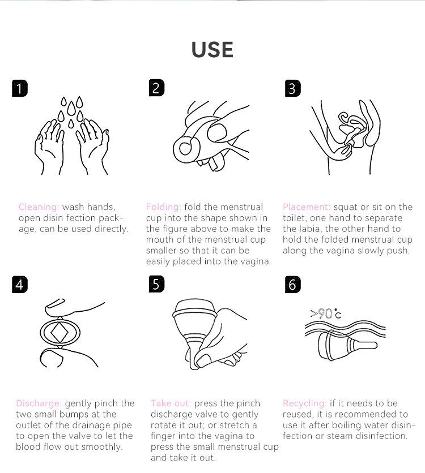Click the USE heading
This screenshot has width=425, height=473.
[212, 50]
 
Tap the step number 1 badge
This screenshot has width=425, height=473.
[20, 88]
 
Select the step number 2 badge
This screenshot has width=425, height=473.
[156, 88]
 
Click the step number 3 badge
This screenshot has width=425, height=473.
[293, 88]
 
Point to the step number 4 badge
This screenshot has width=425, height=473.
[20, 285]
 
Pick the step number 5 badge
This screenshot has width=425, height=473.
[156, 284]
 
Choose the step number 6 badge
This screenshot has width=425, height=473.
[293, 285]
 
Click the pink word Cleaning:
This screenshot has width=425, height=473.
[39, 207]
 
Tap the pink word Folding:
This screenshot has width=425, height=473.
[163, 207]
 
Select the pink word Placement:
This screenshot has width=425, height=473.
[307, 207]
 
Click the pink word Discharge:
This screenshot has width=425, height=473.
[39, 403]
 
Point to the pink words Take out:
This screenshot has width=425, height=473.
[171, 403]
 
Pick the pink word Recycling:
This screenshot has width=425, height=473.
[305, 403]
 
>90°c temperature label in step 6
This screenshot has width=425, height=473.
[326, 314]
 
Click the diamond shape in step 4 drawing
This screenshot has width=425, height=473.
[59, 333]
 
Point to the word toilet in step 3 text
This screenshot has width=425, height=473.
[294, 218]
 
